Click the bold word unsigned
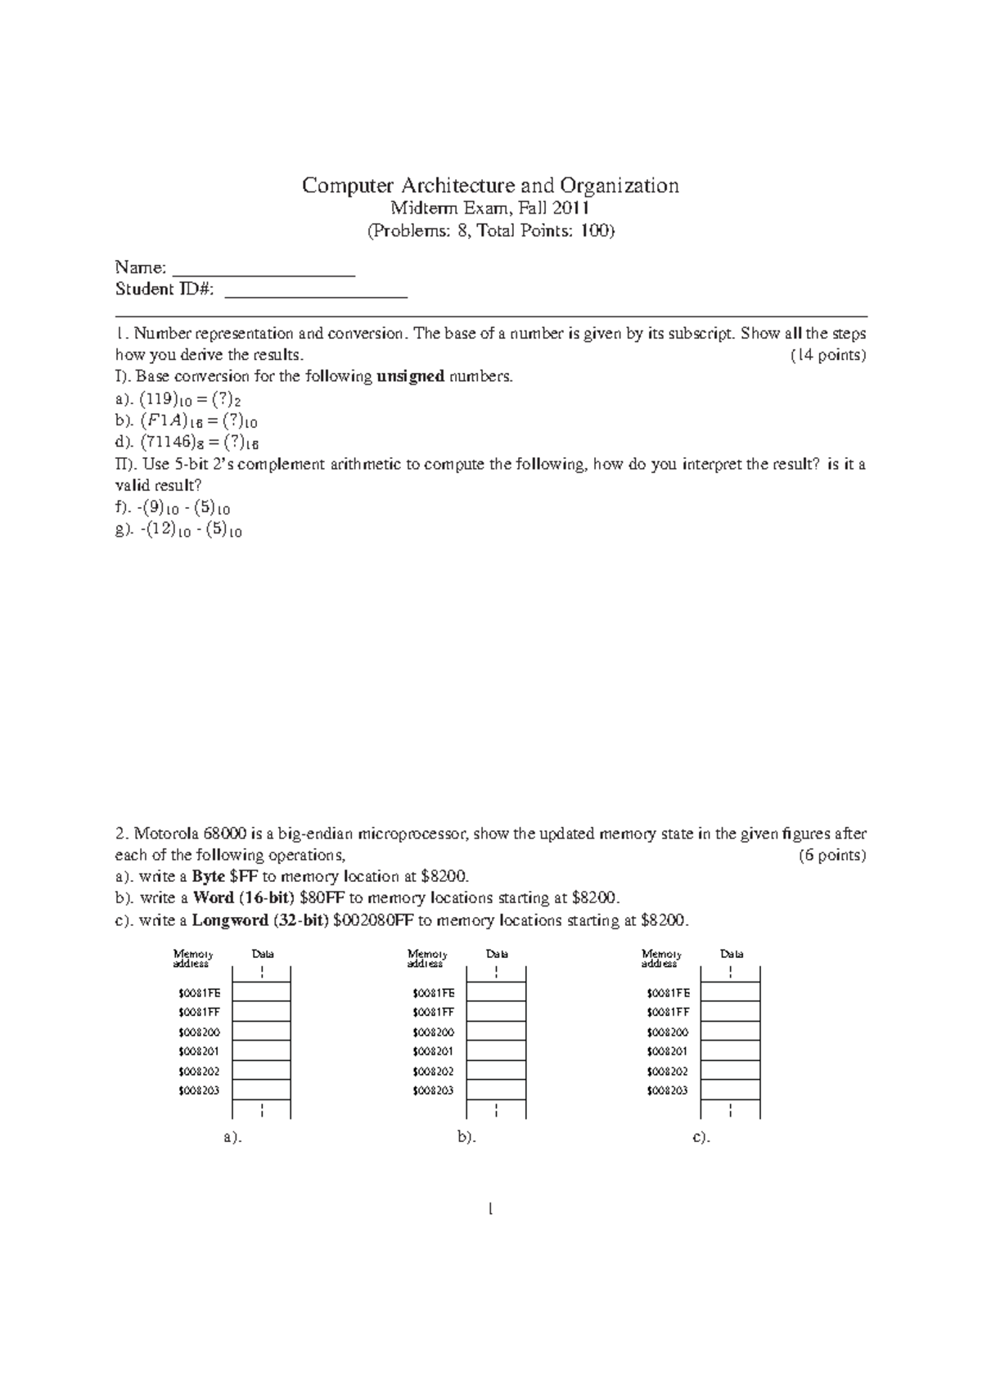click(410, 377)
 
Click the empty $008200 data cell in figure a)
click(262, 1032)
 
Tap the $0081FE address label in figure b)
click(434, 993)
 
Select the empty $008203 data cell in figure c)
click(731, 1090)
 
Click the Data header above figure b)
click(497, 954)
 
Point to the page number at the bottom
click(490, 1209)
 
